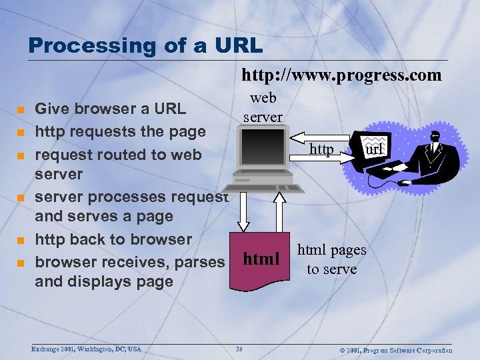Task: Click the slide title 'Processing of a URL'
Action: point(145,46)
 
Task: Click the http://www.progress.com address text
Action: point(341,75)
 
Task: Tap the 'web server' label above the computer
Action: point(263,107)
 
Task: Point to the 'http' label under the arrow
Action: point(321,150)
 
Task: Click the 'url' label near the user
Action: point(374,149)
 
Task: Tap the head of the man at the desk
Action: point(435,135)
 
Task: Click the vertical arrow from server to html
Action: point(245,213)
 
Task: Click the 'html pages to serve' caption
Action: point(331,259)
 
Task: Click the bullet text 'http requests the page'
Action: point(120,131)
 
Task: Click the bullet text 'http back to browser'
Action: point(113,239)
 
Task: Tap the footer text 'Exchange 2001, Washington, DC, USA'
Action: point(87,349)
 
